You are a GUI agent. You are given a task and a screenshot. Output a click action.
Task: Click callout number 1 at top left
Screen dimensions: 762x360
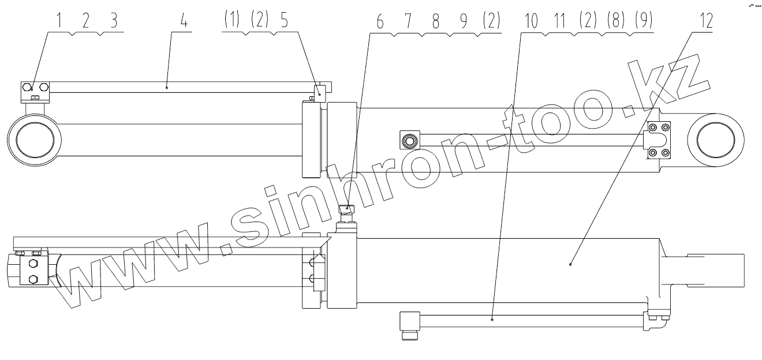click(59, 21)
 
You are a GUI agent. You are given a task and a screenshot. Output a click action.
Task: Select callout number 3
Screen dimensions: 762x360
click(114, 21)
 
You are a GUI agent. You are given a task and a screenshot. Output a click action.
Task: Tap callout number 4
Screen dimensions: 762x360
click(184, 21)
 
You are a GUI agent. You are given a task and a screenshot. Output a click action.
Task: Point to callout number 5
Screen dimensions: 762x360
click(285, 21)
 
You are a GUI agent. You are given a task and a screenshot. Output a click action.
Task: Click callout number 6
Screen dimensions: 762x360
click(380, 22)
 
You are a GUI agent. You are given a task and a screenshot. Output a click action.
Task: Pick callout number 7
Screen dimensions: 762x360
click(408, 22)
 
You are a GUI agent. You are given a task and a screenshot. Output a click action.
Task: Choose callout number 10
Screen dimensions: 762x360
click(531, 21)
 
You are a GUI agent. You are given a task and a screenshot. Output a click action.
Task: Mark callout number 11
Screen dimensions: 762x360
click(559, 21)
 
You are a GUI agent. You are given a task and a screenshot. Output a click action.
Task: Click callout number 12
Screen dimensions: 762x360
click(706, 21)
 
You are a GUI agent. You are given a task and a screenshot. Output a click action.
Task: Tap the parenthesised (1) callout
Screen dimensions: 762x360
click(232, 20)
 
